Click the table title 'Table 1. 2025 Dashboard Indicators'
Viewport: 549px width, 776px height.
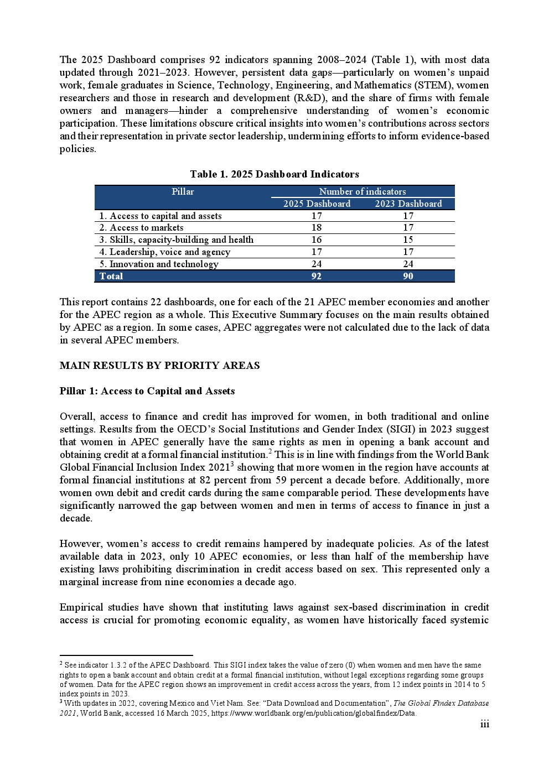[x=274, y=174]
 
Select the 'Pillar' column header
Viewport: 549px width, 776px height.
[x=183, y=192]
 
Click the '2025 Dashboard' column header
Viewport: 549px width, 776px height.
[x=317, y=204]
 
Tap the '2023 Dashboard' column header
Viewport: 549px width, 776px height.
[x=408, y=204]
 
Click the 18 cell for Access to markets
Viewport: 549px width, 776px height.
[x=317, y=228]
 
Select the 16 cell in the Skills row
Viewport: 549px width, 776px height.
[x=317, y=240]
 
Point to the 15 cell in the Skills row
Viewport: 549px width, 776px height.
[x=408, y=240]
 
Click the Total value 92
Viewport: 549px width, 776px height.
[x=317, y=276]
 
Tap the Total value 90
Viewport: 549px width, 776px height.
[x=408, y=276]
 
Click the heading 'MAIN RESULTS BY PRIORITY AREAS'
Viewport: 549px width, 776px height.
[x=159, y=366]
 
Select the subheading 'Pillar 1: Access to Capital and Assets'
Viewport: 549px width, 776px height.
[x=147, y=391]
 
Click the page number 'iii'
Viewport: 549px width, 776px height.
[x=485, y=725]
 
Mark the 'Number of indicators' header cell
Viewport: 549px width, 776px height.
[x=362, y=192]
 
